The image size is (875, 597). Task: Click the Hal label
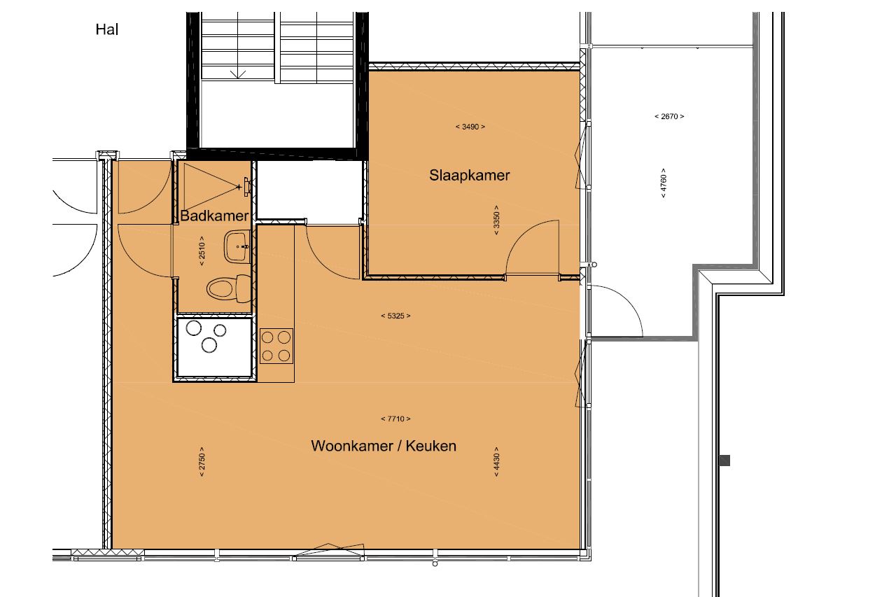coord(106,29)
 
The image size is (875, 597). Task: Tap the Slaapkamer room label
coord(470,175)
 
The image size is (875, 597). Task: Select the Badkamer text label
coord(214,216)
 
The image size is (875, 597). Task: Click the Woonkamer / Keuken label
coord(384,446)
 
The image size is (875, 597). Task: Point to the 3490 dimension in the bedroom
coord(470,127)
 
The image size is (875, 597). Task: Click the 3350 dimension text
coord(496,220)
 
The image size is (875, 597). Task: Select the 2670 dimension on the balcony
coord(669,116)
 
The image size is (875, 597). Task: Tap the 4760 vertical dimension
coord(664,183)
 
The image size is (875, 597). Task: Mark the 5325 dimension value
coord(395,316)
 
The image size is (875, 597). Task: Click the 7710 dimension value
coord(395,419)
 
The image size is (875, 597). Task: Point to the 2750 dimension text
coord(202,462)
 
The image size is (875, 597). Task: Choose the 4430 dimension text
coord(496,462)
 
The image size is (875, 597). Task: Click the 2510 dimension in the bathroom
coord(202,251)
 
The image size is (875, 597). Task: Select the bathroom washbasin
coord(237,246)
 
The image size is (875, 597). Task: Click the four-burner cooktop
coord(276,346)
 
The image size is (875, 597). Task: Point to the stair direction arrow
coord(238,74)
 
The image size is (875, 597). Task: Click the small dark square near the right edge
coord(724,461)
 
